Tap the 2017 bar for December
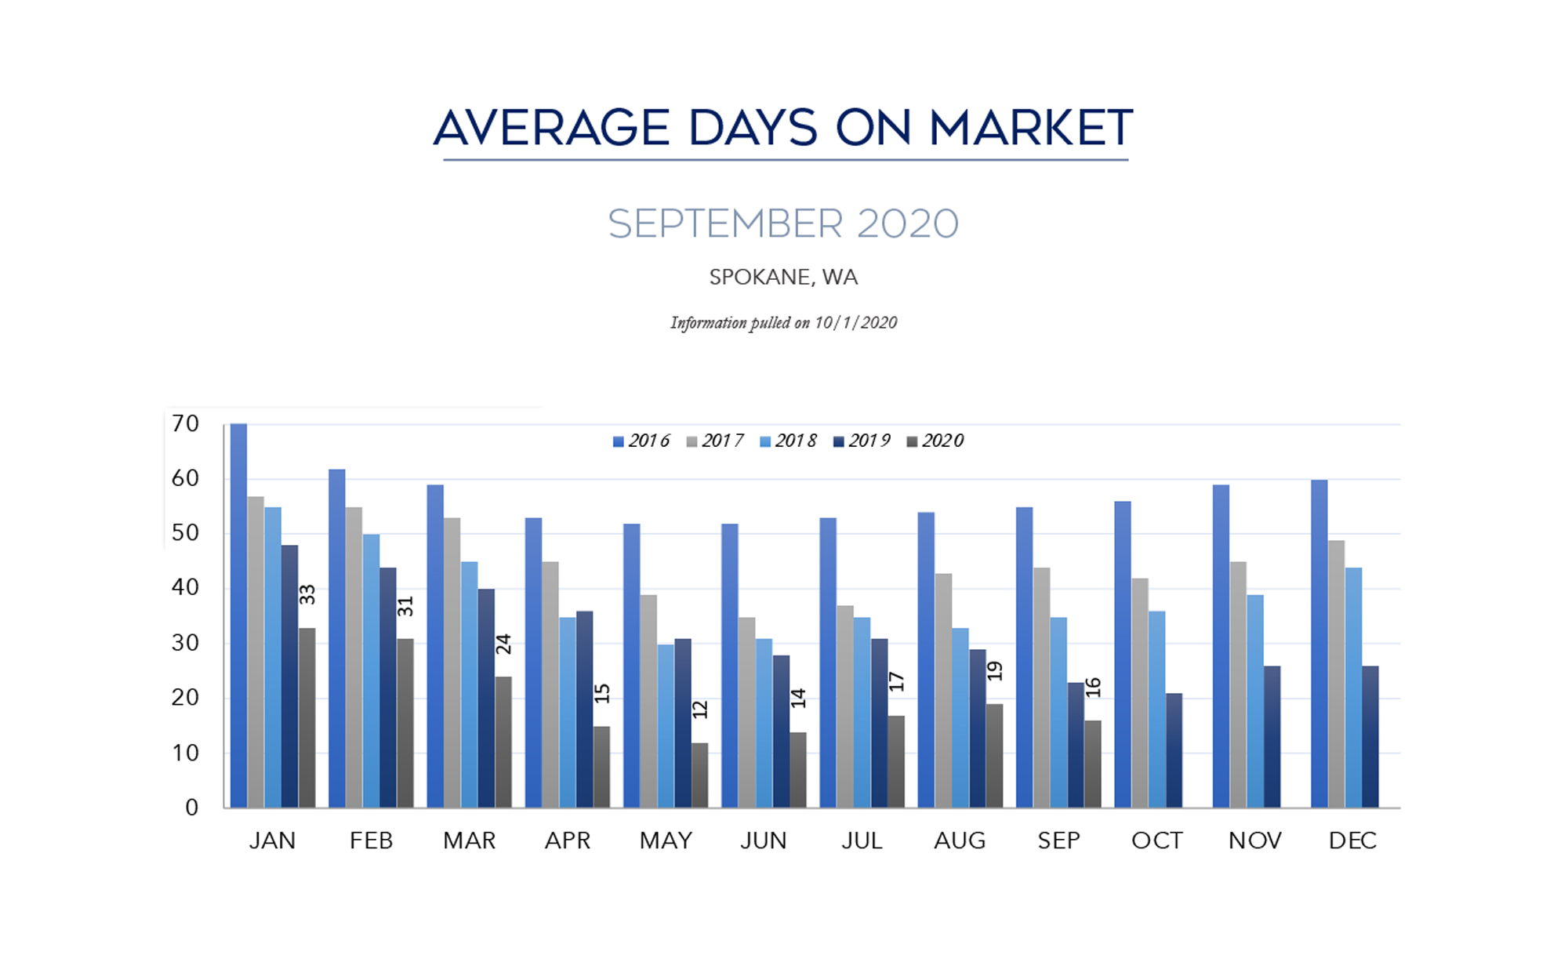(1336, 674)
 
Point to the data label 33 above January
(307, 594)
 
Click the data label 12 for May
(700, 710)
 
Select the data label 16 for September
(1094, 688)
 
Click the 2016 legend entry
(641, 441)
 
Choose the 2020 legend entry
(935, 441)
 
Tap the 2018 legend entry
(788, 441)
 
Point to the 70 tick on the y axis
(186, 424)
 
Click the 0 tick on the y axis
(192, 808)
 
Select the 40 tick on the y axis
(186, 587)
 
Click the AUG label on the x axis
(960, 840)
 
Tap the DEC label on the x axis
(1352, 840)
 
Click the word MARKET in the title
(1030, 128)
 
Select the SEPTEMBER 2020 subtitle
(783, 224)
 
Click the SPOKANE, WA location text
(783, 278)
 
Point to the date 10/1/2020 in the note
(855, 323)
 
